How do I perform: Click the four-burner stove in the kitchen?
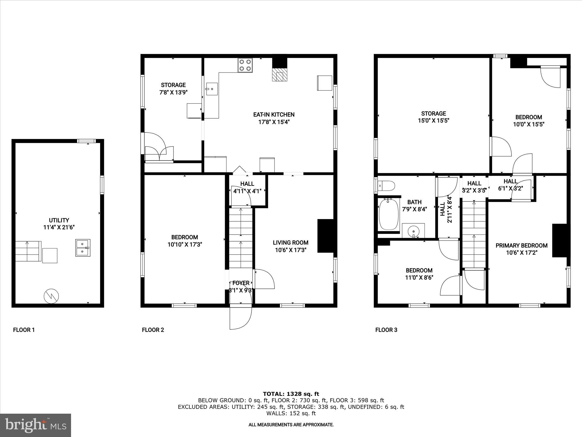pyautogui.click(x=245, y=65)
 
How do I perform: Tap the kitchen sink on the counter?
pyautogui.click(x=211, y=89)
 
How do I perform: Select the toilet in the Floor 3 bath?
pyautogui.click(x=387, y=186)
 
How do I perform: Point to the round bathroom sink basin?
pyautogui.click(x=413, y=231)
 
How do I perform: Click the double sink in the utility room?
pyautogui.click(x=83, y=248)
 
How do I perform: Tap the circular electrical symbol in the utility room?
pyautogui.click(x=51, y=296)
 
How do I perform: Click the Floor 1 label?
pyautogui.click(x=24, y=330)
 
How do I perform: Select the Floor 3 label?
pyautogui.click(x=386, y=330)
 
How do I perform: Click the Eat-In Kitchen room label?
pyautogui.click(x=274, y=115)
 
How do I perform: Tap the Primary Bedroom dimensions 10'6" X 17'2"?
pyautogui.click(x=521, y=253)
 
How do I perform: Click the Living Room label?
pyautogui.click(x=290, y=243)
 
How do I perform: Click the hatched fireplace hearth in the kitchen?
pyautogui.click(x=280, y=75)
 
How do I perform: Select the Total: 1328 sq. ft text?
pyautogui.click(x=291, y=394)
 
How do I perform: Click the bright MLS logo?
pyautogui.click(x=36, y=425)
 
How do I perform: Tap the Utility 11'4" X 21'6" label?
pyautogui.click(x=59, y=224)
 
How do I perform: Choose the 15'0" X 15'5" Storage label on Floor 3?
pyautogui.click(x=433, y=117)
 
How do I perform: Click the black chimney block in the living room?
pyautogui.click(x=325, y=236)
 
